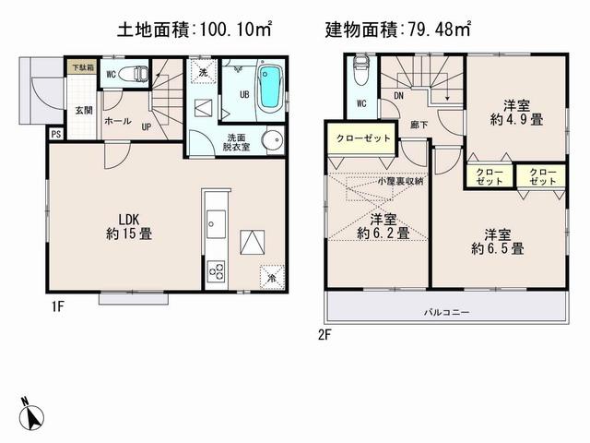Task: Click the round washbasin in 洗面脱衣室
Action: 272,139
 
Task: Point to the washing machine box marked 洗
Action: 203,72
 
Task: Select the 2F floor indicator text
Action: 324,335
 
